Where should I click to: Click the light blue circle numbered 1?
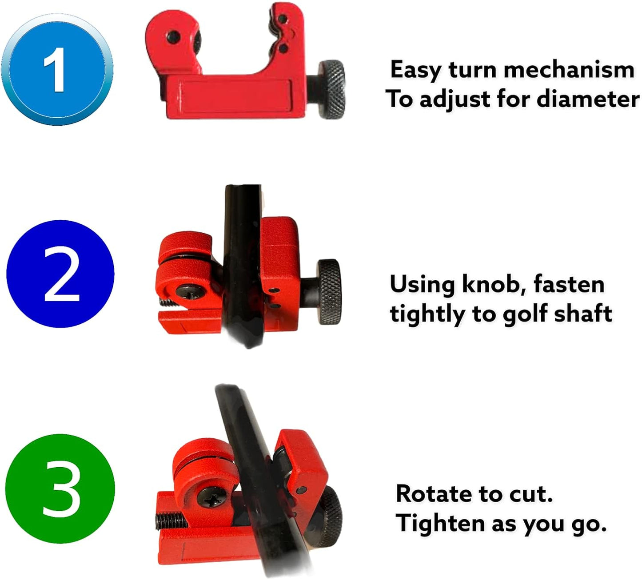coord(57,70)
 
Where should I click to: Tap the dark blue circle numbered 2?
coord(60,274)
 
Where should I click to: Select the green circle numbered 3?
coord(60,489)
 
